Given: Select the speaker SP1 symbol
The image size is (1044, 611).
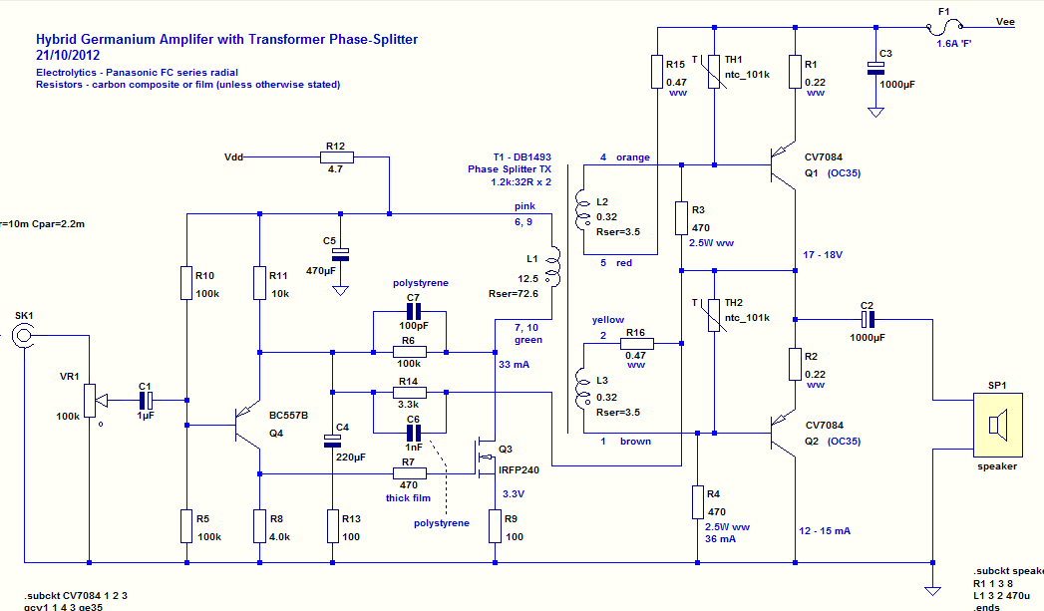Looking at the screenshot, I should pyautogui.click(x=993, y=425).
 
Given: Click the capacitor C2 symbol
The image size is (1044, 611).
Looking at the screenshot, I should pyautogui.click(x=868, y=319).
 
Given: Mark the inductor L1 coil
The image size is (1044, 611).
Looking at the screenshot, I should pyautogui.click(x=556, y=268).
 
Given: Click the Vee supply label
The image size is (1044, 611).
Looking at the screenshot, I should pyautogui.click(x=1005, y=21).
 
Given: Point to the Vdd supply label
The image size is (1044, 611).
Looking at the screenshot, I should pyautogui.click(x=234, y=156).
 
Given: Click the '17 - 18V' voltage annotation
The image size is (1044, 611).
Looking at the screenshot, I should pyautogui.click(x=824, y=255).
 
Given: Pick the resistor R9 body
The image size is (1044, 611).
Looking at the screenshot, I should pyautogui.click(x=495, y=525).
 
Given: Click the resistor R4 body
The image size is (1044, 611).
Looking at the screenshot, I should pyautogui.click(x=697, y=501).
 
